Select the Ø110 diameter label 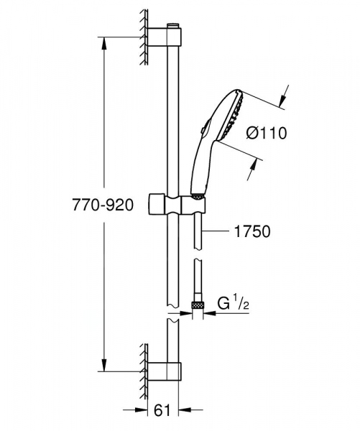tap(267, 132)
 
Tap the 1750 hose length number tap(251, 231)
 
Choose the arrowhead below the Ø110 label tap(251, 170)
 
